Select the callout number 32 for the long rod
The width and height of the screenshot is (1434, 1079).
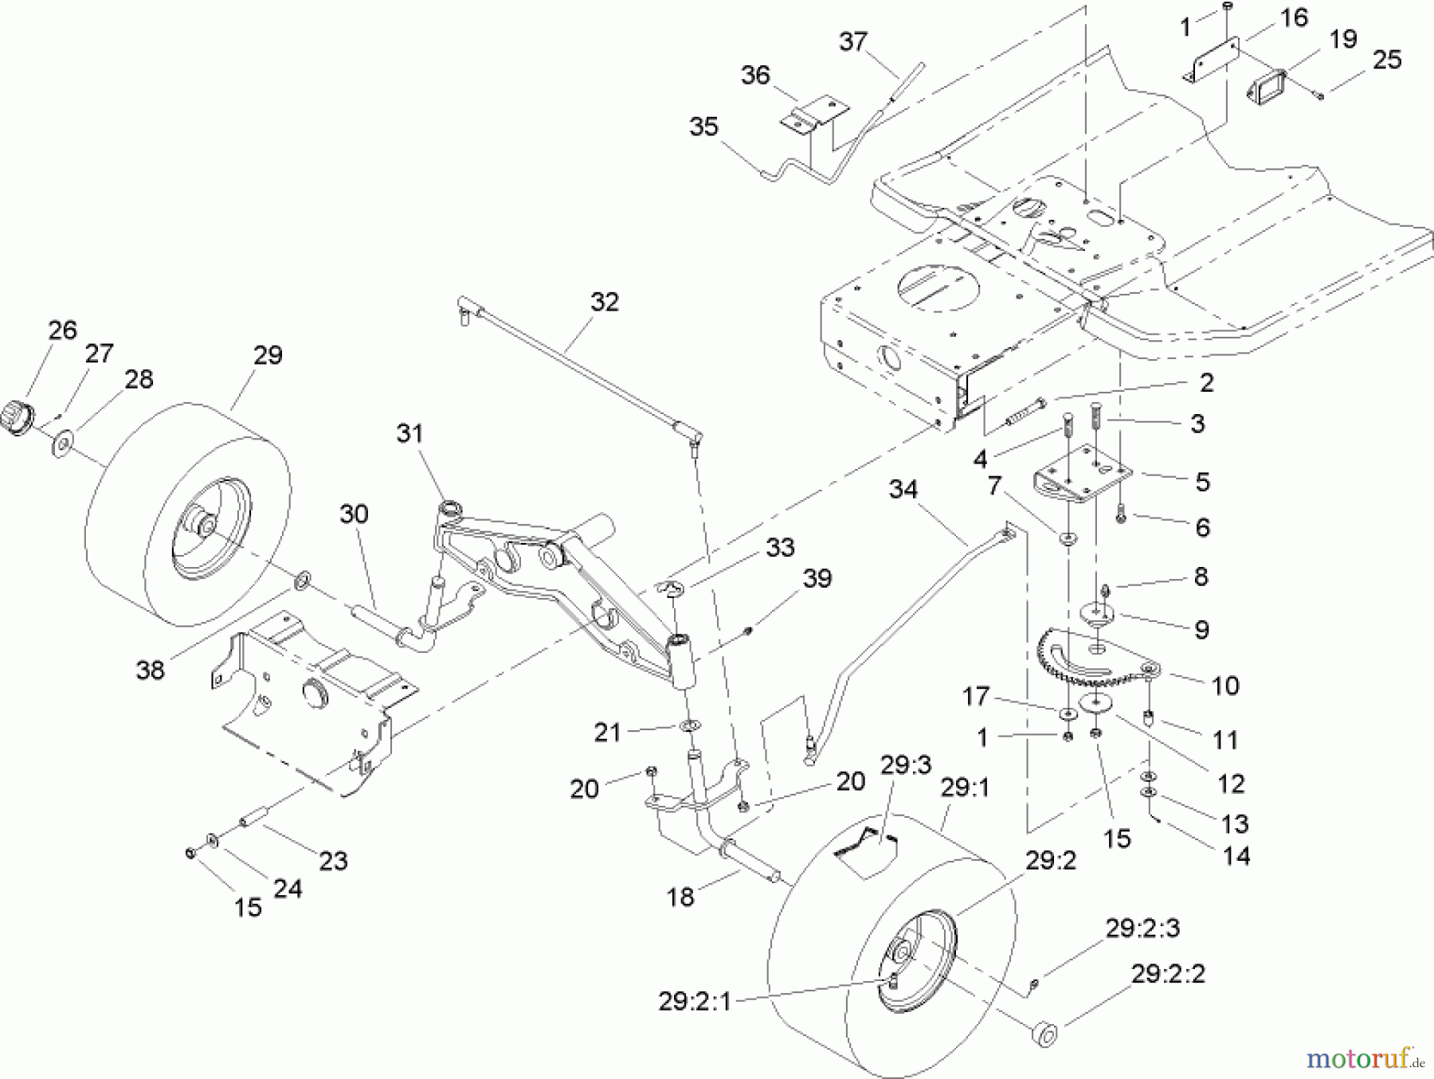pos(605,302)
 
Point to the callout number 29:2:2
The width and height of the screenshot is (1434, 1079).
pos(1167,974)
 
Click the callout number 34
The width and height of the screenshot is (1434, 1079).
pos(903,489)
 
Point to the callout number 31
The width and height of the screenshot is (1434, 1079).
pos(409,434)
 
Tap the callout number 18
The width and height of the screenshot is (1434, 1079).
pos(680,897)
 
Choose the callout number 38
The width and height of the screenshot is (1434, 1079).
pos(150,670)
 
